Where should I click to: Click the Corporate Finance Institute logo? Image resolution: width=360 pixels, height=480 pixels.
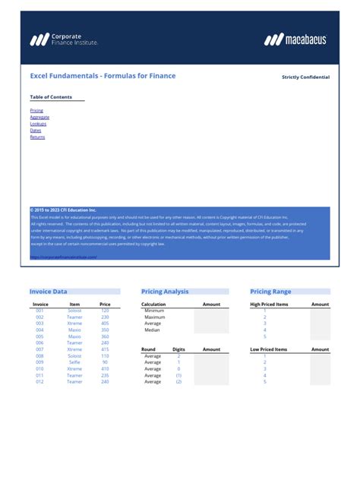point(64,39)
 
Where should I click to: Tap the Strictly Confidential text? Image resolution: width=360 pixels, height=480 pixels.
point(305,77)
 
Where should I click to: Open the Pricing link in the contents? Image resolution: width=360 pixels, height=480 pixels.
point(36,111)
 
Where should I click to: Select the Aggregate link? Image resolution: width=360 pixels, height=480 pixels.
point(39,118)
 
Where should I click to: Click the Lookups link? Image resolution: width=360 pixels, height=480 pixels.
point(38,124)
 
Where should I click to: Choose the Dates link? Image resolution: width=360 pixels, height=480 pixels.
point(36,131)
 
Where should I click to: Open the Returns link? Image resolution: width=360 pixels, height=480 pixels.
point(37,137)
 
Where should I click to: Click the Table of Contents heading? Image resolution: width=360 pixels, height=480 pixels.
point(51,97)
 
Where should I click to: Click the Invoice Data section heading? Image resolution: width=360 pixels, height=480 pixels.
point(48,292)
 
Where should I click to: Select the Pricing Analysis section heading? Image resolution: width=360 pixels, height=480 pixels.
point(165,292)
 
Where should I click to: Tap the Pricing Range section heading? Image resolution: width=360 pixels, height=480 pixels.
point(270,292)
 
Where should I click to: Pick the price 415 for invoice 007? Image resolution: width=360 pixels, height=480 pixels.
point(105,349)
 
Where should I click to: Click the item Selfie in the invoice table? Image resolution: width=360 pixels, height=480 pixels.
point(74,362)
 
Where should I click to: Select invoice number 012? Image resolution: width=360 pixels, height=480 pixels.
point(39,381)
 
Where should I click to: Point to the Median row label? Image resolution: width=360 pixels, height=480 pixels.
point(153,330)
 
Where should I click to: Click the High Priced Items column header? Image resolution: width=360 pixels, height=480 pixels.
point(269,305)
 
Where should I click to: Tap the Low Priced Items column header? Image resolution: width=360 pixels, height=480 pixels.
point(269,349)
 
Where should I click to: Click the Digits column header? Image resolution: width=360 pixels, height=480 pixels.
point(178,349)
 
